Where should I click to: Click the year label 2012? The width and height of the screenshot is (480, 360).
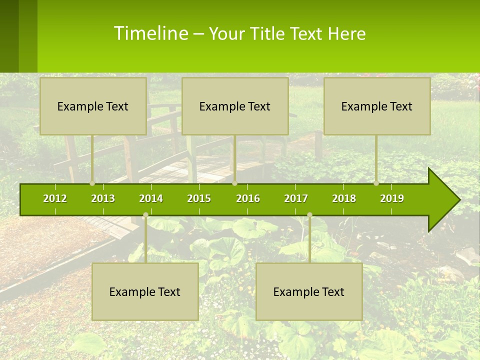click(x=55, y=198)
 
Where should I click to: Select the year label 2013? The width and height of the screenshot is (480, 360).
click(x=103, y=198)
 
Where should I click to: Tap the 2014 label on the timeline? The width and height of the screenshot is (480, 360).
click(x=151, y=198)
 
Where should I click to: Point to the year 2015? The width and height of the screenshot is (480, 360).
click(x=199, y=198)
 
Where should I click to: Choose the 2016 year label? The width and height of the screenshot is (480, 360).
click(x=248, y=198)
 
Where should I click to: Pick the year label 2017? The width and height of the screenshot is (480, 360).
click(x=296, y=198)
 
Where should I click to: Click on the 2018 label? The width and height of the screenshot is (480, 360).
click(x=344, y=198)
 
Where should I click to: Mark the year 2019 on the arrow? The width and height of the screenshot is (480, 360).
click(x=392, y=198)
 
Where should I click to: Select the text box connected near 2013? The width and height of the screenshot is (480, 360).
click(x=93, y=106)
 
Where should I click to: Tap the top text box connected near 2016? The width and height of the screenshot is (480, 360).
click(x=235, y=106)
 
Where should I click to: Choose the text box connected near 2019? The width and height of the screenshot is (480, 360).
click(x=377, y=106)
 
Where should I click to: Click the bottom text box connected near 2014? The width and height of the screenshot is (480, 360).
click(x=145, y=291)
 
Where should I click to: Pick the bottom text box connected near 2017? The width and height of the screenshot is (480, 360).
click(x=309, y=291)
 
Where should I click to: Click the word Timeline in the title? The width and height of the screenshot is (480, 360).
click(x=150, y=33)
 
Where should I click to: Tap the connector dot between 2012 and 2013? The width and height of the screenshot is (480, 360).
click(x=92, y=183)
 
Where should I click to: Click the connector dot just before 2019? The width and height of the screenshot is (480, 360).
click(x=376, y=183)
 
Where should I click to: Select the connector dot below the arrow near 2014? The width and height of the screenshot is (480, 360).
click(x=145, y=215)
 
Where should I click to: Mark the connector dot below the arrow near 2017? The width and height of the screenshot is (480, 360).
click(x=309, y=215)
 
